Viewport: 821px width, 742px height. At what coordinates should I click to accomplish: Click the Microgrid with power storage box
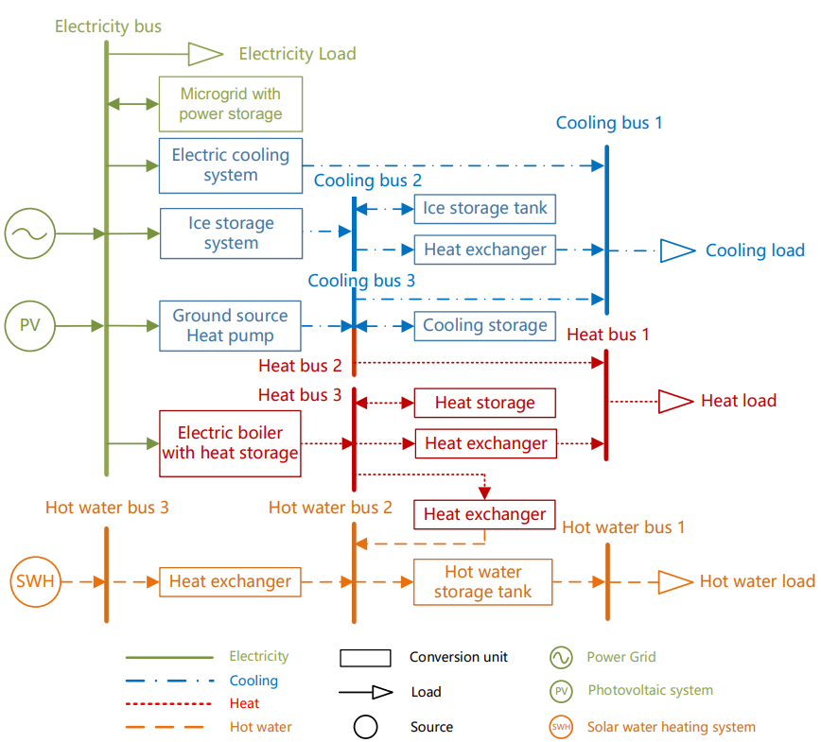point(231,104)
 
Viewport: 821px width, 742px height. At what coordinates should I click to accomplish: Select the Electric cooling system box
point(231,164)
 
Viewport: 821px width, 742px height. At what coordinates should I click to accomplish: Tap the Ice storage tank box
point(484,209)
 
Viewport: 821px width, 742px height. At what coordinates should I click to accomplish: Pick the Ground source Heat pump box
point(230,326)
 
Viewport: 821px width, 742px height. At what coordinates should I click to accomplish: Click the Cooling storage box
point(484,325)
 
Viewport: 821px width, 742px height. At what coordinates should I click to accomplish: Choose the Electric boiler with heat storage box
point(230,443)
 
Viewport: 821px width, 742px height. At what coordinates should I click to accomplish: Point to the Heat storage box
point(484,403)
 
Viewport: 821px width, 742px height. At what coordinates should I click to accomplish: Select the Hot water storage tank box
point(483,582)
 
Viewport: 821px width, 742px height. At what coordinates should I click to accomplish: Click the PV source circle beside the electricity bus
point(30,326)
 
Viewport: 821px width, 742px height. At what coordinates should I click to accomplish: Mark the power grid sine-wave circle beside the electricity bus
point(30,233)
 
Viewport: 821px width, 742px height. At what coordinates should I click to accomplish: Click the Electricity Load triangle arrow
point(204,54)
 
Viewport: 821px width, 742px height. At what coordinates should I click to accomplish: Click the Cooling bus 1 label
point(609,123)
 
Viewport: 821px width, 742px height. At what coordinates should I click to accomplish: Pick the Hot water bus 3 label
point(107,508)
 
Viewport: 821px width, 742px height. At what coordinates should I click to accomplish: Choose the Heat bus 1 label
point(608,334)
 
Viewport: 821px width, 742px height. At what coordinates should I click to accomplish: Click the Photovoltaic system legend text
point(651,691)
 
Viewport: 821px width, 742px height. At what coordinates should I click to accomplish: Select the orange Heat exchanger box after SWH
point(230,581)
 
